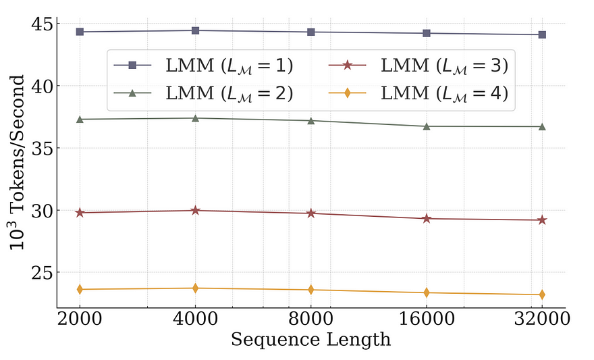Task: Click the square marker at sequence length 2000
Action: [80, 32]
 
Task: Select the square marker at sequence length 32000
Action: [542, 34]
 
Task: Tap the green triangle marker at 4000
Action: [195, 118]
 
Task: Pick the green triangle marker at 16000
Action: [427, 126]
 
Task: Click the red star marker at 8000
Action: [310, 213]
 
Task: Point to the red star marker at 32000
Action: [542, 220]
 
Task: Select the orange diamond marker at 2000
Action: [80, 289]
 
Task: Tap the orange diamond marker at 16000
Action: [427, 292]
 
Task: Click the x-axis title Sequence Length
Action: [310, 340]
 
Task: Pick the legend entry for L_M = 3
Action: [418, 66]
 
